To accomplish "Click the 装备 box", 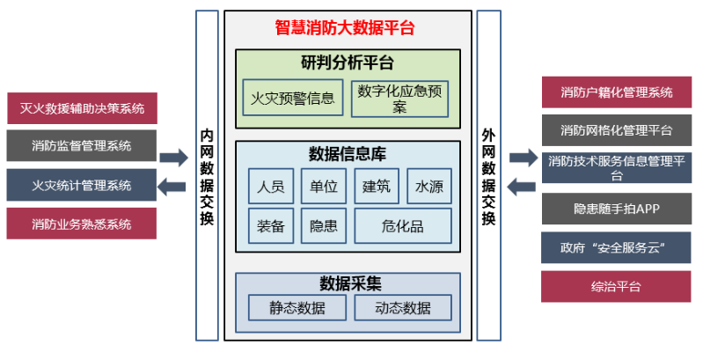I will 271,225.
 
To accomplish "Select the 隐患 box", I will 324,225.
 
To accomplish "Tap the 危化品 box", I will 403,225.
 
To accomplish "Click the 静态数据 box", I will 297,307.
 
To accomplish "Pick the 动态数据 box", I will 403,307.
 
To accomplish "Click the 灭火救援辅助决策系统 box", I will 82,109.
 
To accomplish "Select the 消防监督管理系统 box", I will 82,146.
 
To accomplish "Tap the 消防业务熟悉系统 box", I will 82,224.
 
